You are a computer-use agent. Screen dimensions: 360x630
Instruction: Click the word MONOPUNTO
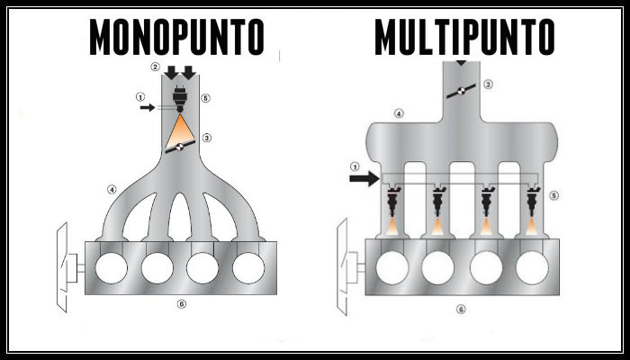click(177, 37)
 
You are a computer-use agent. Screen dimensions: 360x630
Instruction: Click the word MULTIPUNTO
click(464, 37)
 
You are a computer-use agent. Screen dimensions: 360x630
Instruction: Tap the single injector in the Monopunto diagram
click(181, 99)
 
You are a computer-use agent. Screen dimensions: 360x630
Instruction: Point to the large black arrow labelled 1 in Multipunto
click(364, 179)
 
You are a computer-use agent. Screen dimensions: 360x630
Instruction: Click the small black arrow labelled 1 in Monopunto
click(149, 107)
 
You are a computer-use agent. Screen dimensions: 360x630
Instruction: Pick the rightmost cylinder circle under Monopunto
click(247, 268)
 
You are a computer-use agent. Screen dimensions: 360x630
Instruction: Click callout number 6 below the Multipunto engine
click(461, 309)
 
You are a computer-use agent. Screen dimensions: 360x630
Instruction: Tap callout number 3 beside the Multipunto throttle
click(489, 85)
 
